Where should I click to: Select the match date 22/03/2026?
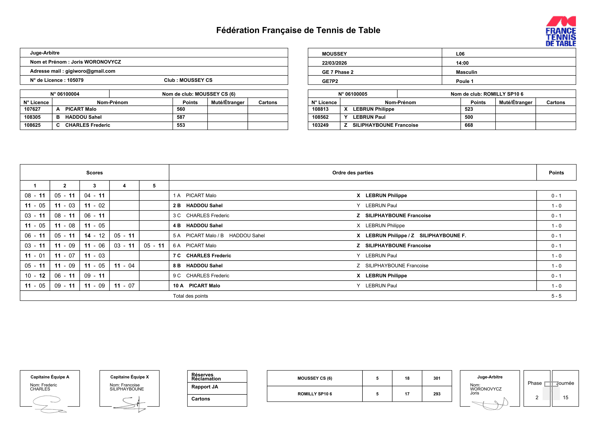[x=334, y=63]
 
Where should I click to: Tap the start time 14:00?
[x=462, y=63]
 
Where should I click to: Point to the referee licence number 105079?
[x=75, y=80]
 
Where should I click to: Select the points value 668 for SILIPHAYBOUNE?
[x=469, y=125]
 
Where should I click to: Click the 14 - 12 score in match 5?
[x=94, y=236]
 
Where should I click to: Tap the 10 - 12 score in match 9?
[x=35, y=276]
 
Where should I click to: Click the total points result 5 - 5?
[x=556, y=296]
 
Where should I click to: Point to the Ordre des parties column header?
[x=353, y=173]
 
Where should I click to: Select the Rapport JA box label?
[x=205, y=387]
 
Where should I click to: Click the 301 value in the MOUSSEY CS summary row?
[x=437, y=378]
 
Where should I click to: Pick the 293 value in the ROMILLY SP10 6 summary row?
[x=437, y=394]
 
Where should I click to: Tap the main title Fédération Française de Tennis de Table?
[x=298, y=30]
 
